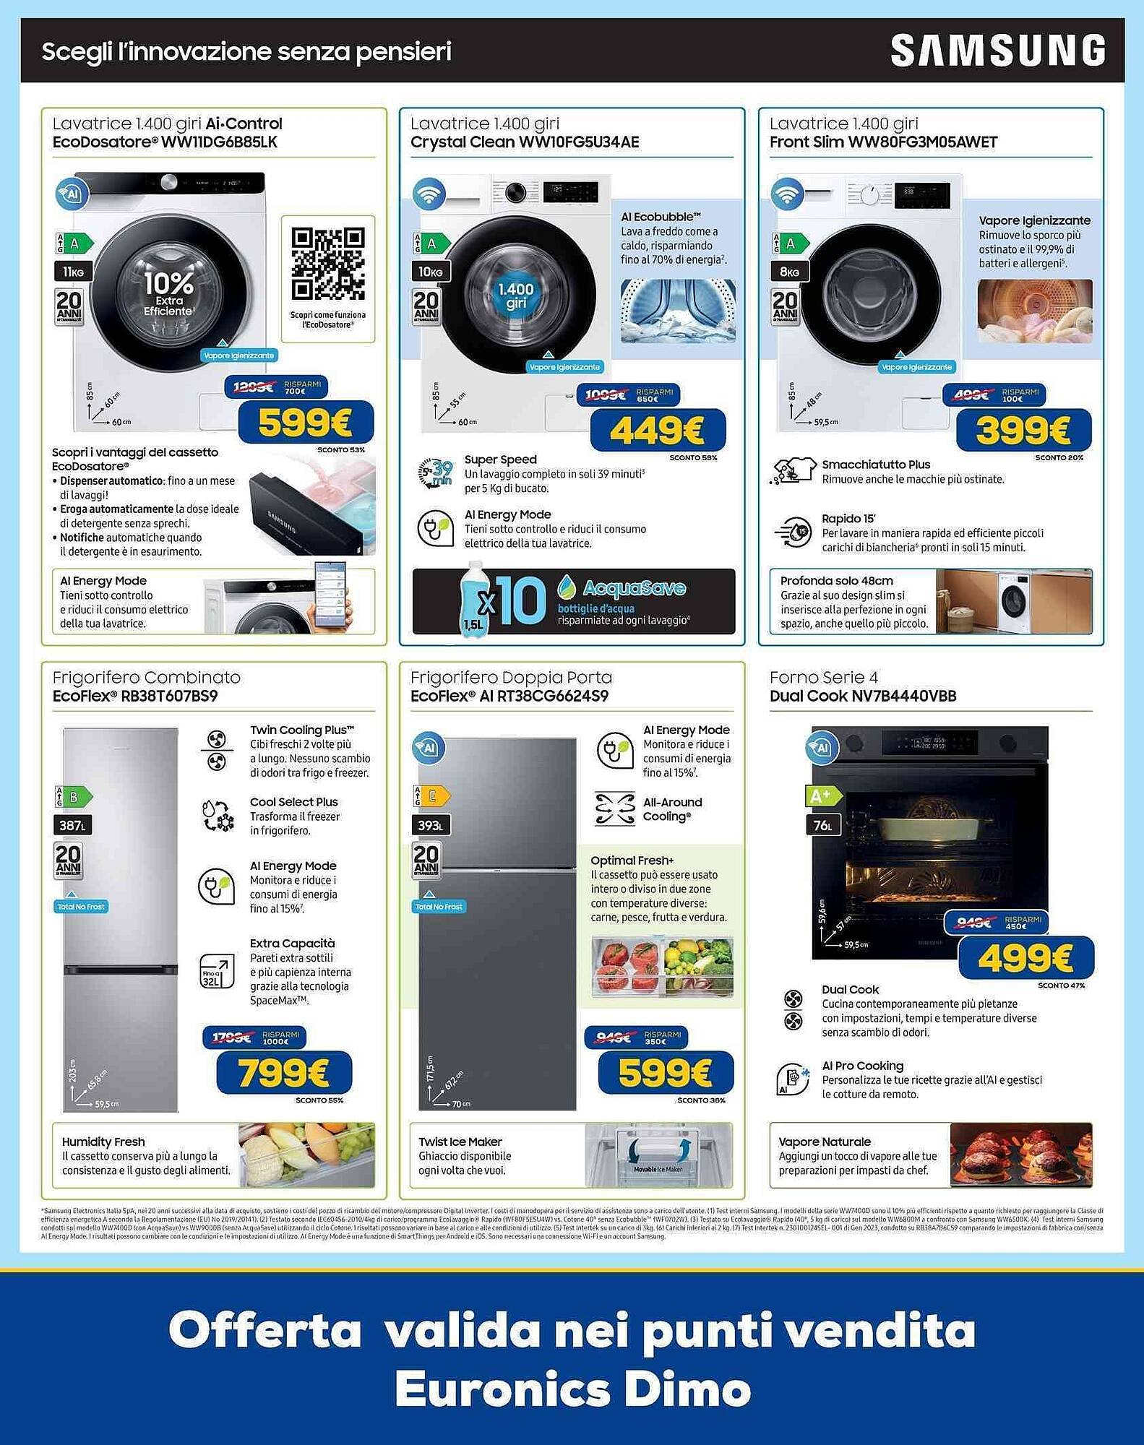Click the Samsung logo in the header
pos(997,51)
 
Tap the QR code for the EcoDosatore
pos(327,263)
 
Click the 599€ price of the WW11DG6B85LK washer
pos(306,423)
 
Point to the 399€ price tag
pos(1023,431)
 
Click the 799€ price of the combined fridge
pos(284,1073)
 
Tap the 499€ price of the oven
pos(1025,959)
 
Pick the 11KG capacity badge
pos(73,272)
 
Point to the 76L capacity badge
pos(823,825)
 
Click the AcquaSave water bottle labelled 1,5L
pos(475,600)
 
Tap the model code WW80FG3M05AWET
pos(922,142)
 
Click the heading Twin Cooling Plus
pos(302,730)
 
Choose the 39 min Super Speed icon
pos(436,473)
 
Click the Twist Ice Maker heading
pos(460,1142)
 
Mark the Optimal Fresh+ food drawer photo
pos(662,967)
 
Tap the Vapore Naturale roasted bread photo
pos(1020,1155)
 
